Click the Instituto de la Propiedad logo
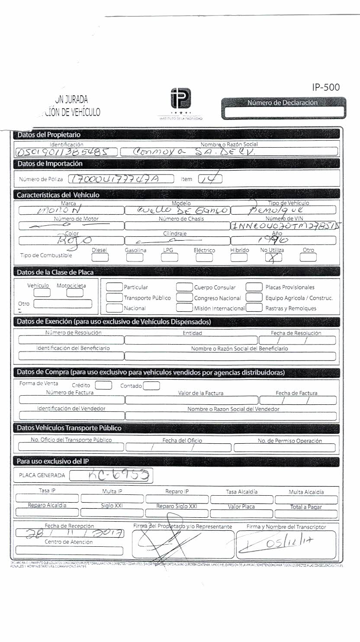180,100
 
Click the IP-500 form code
325,87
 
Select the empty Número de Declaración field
284,112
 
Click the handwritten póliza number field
121,179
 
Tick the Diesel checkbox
100,258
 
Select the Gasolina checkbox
135,258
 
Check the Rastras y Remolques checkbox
255,308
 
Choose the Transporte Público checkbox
114,297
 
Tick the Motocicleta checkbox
75,293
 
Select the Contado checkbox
151,385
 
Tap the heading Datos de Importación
49,164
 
